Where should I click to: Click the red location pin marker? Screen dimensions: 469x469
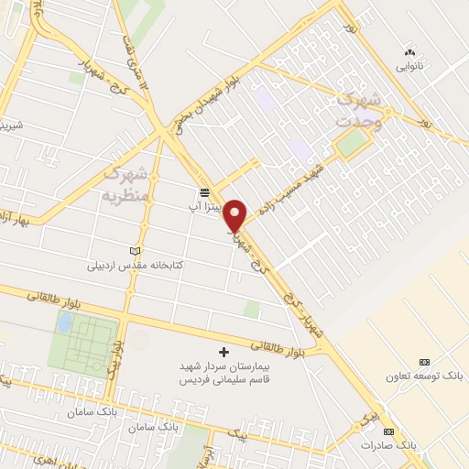235,214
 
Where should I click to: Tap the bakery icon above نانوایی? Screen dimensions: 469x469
409,51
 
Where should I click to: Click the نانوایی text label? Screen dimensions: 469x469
409,66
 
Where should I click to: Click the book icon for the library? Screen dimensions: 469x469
136,251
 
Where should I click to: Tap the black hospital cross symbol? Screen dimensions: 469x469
224,352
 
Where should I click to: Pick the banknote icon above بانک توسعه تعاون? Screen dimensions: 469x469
423,363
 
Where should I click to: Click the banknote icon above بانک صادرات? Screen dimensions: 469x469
389,431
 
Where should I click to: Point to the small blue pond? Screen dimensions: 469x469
65,322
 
